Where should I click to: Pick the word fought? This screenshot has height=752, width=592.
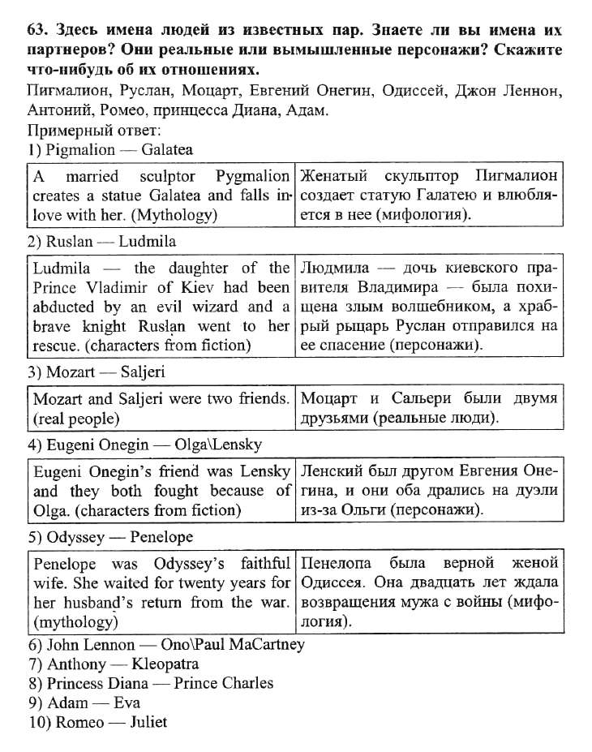tap(174, 491)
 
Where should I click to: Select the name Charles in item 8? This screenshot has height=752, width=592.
tap(246, 682)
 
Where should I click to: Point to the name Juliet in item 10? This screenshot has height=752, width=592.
tap(148, 722)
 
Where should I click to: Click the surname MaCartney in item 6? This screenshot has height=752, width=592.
tap(260, 645)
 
